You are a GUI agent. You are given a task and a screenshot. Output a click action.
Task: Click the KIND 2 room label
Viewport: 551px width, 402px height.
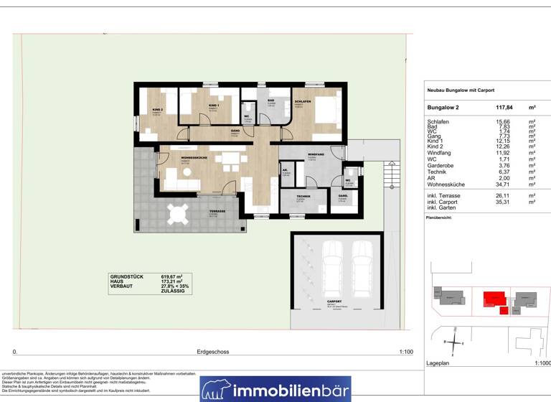tap(158, 109)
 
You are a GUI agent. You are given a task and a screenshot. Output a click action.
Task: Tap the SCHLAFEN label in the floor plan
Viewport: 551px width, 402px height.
tap(303, 102)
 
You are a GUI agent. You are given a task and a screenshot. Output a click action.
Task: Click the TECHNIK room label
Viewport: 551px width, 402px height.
tap(303, 196)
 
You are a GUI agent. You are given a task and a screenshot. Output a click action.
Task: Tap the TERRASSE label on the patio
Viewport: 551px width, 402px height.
tap(217, 211)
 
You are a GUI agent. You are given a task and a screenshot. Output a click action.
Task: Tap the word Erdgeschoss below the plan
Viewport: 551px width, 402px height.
tap(213, 352)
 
